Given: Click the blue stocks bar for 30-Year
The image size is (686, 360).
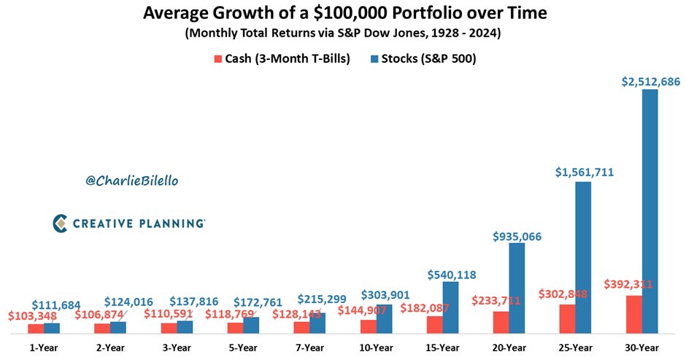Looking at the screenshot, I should point(650,212).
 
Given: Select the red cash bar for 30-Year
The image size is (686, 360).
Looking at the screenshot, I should point(634,315).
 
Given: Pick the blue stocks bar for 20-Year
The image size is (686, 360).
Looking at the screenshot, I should point(517,288).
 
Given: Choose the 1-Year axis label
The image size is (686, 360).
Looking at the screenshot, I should point(43,347).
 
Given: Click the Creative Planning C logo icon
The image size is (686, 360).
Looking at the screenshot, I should point(61,223).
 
